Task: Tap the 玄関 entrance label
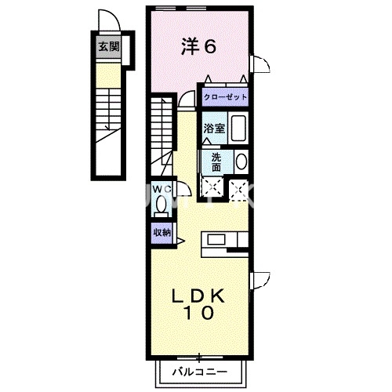[107, 46]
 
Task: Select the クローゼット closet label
[225, 97]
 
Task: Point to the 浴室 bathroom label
[215, 128]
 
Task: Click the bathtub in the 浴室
[238, 128]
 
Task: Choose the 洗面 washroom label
[216, 161]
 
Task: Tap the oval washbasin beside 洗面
[240, 162]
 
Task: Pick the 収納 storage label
[162, 232]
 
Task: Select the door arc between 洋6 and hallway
[187, 98]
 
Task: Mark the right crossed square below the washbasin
[238, 187]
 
